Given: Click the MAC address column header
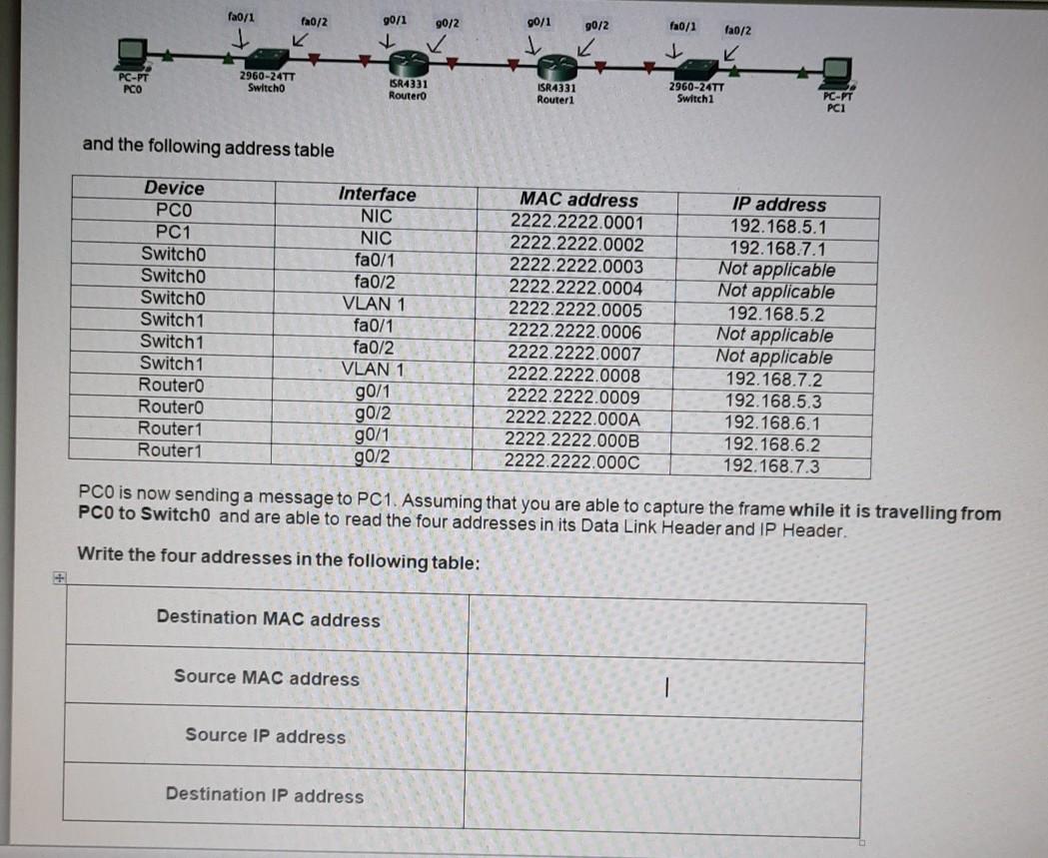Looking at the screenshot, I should [x=577, y=201].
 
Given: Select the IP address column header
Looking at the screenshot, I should [x=778, y=205].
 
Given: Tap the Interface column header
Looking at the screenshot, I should [x=377, y=195].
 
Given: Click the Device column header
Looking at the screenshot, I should [x=174, y=189].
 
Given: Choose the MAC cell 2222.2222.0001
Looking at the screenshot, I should [x=577, y=223].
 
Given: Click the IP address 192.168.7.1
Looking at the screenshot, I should [x=777, y=248].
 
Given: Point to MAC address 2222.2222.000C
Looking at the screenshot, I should [x=572, y=461].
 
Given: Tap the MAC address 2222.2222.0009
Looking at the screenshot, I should [x=574, y=398].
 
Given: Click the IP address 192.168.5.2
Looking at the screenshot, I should [x=775, y=314].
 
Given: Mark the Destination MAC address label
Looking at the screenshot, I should [x=268, y=618].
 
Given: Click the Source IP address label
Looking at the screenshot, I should [x=265, y=736].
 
